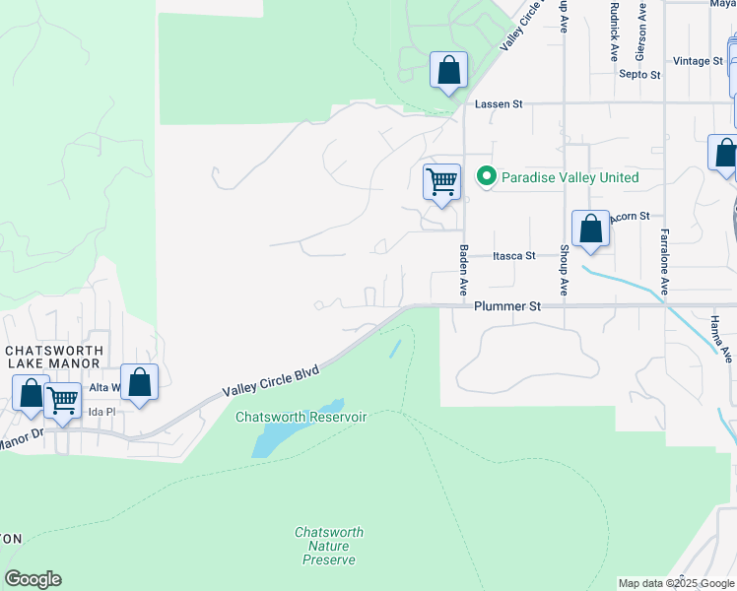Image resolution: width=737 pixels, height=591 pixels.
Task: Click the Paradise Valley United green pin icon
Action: click(x=486, y=177)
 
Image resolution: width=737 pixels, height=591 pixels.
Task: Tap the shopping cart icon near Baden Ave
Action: click(x=442, y=182)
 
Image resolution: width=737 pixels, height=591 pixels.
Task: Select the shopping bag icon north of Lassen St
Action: click(x=448, y=71)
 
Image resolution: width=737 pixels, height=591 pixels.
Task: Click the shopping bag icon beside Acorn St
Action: click(x=590, y=229)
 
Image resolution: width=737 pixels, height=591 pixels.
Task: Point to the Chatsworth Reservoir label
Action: click(x=301, y=418)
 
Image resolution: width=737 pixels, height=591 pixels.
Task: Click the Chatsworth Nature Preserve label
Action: click(x=330, y=546)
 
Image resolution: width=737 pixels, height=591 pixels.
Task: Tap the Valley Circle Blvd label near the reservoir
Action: click(x=271, y=379)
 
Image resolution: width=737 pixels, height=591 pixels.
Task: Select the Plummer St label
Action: click(x=507, y=306)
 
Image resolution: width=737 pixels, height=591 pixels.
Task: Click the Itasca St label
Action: click(x=514, y=255)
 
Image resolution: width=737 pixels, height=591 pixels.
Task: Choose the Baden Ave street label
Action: click(x=462, y=271)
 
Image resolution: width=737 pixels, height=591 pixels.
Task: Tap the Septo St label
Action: click(x=639, y=74)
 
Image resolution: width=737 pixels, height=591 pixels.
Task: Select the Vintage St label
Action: click(x=698, y=61)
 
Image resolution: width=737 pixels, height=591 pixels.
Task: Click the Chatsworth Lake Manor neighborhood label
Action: click(x=55, y=357)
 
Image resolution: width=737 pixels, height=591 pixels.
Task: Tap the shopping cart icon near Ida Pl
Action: click(x=63, y=401)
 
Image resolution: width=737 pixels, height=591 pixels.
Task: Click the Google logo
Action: click(x=33, y=579)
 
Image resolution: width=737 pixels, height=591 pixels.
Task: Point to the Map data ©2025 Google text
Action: click(x=675, y=583)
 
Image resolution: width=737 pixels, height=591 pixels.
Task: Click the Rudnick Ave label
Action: click(x=613, y=32)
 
